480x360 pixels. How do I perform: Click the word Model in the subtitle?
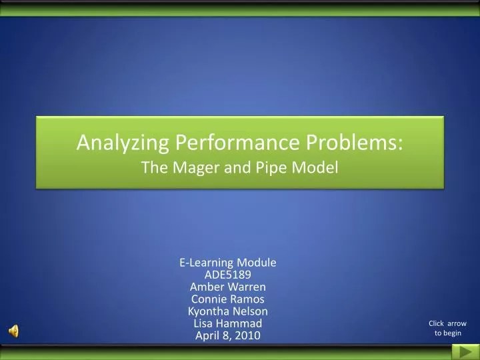click(317, 169)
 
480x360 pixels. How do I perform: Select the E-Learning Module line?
click(227, 263)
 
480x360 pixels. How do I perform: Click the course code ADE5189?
click(227, 275)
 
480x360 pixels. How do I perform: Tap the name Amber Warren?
click(227, 287)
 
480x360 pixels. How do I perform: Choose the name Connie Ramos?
click(227, 299)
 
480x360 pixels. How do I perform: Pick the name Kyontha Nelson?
click(227, 311)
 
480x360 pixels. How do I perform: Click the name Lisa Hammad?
click(227, 323)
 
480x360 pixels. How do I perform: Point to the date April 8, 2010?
click(227, 335)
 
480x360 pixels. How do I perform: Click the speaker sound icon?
click(14, 331)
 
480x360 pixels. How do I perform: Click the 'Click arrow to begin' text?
click(447, 328)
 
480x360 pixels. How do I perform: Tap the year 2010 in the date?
click(248, 335)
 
